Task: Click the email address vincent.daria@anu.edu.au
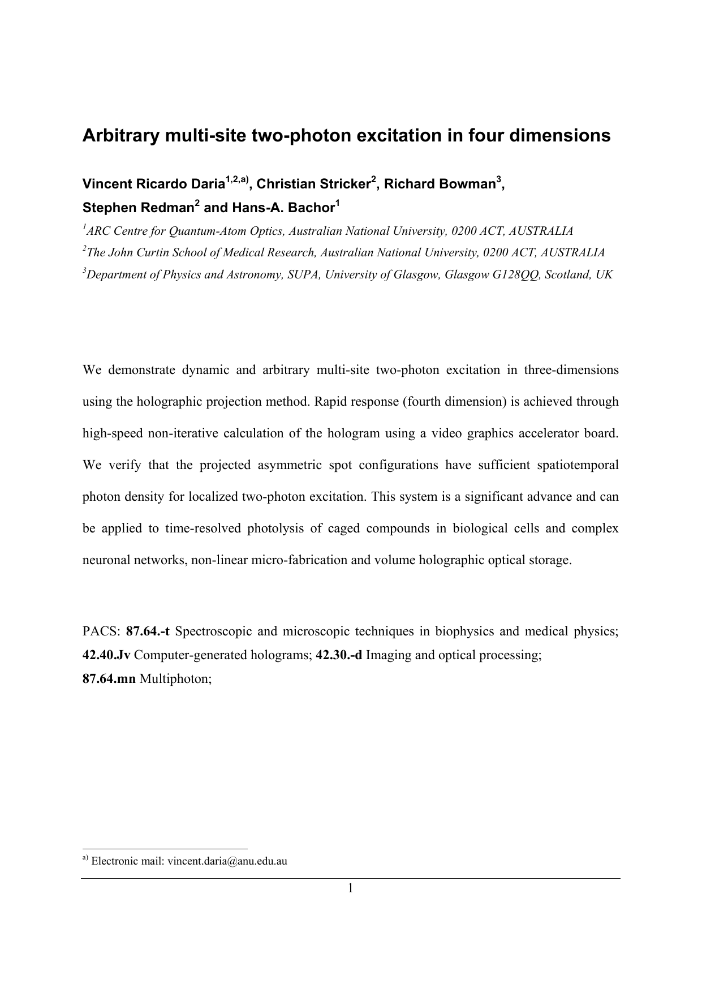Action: click(227, 862)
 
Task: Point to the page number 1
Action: click(350, 888)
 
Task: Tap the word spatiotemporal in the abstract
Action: click(577, 465)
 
